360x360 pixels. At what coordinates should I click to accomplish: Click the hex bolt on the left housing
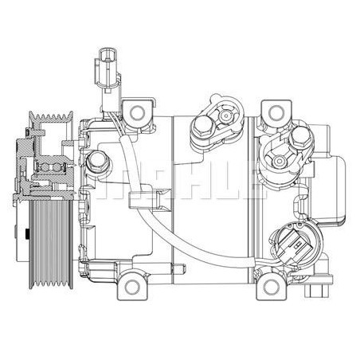pyautogui.click(x=99, y=163)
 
